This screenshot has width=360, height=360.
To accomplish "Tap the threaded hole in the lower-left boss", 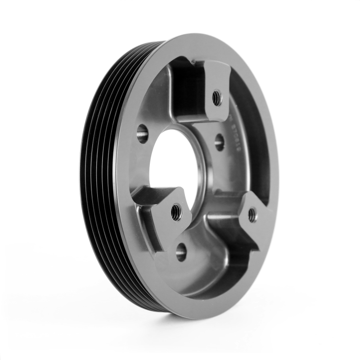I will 176,211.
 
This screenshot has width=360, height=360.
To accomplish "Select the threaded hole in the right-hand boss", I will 252,214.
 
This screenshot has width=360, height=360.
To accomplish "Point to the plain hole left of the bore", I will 142,134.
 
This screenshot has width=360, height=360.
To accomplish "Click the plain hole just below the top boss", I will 219,142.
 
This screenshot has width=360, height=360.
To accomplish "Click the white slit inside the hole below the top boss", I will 220,143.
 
